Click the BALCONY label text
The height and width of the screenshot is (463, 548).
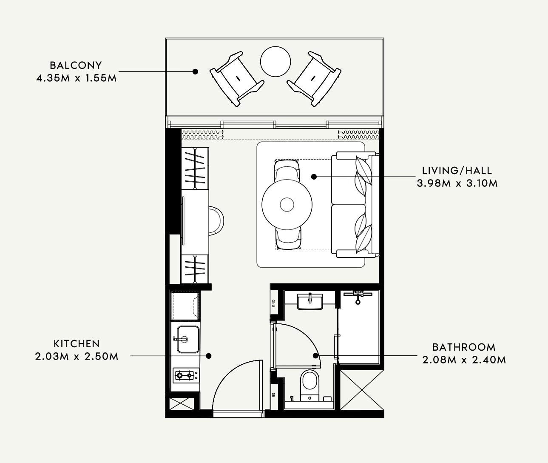pos(76,66)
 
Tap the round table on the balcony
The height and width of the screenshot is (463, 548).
pos(275,61)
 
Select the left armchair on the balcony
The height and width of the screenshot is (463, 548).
pos(237,79)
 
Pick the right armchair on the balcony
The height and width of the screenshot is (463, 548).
pos(314,79)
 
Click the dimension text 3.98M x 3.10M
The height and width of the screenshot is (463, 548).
pos(457,183)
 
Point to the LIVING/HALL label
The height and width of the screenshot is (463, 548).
pos(457,171)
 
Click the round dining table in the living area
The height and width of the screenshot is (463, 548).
pos(287,204)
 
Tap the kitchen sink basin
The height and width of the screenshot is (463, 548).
pos(188,339)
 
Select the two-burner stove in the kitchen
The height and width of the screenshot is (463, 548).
pos(186,375)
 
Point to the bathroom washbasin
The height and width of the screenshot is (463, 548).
pos(310,301)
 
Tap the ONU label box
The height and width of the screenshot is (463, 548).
pos(274,303)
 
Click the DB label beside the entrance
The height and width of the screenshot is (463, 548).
pos(273,394)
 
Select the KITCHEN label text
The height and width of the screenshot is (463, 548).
pos(77,344)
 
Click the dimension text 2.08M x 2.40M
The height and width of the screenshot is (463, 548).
pos(464,360)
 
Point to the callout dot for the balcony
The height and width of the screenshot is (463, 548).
pos(195,71)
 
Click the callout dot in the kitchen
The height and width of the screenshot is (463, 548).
pos(209,356)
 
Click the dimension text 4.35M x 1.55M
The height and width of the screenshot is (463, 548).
pos(77,78)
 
